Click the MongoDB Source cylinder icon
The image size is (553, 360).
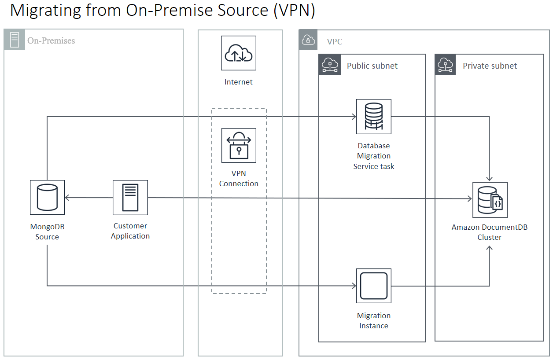47,198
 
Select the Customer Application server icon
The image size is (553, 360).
130,198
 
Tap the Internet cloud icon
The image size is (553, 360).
239,53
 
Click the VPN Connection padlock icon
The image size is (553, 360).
239,146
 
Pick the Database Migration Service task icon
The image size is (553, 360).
374,117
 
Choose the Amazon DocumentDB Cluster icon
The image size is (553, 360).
490,200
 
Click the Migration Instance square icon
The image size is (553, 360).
374,286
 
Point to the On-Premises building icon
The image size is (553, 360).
15,40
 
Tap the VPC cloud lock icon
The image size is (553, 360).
309,40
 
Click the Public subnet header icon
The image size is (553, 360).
330,65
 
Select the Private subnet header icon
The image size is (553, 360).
446,65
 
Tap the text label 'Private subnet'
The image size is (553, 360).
490,66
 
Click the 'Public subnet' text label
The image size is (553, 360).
372,66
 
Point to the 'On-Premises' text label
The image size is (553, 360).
51,41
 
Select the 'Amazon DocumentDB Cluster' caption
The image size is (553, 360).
490,232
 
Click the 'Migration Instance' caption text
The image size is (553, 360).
374,321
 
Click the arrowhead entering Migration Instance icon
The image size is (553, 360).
354,286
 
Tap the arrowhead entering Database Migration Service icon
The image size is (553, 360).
354,117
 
